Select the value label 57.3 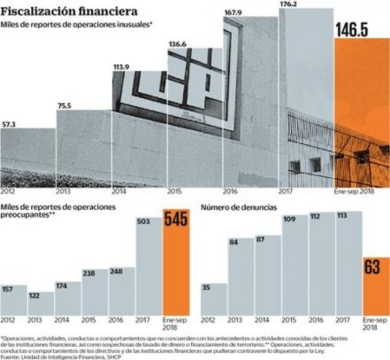[9, 124]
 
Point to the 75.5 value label [64, 106]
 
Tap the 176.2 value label [288, 3]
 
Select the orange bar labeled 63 [375, 287]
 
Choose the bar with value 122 [41, 304]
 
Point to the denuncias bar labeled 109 [295, 267]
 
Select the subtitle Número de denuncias [236, 206]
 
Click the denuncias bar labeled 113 [349, 264]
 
